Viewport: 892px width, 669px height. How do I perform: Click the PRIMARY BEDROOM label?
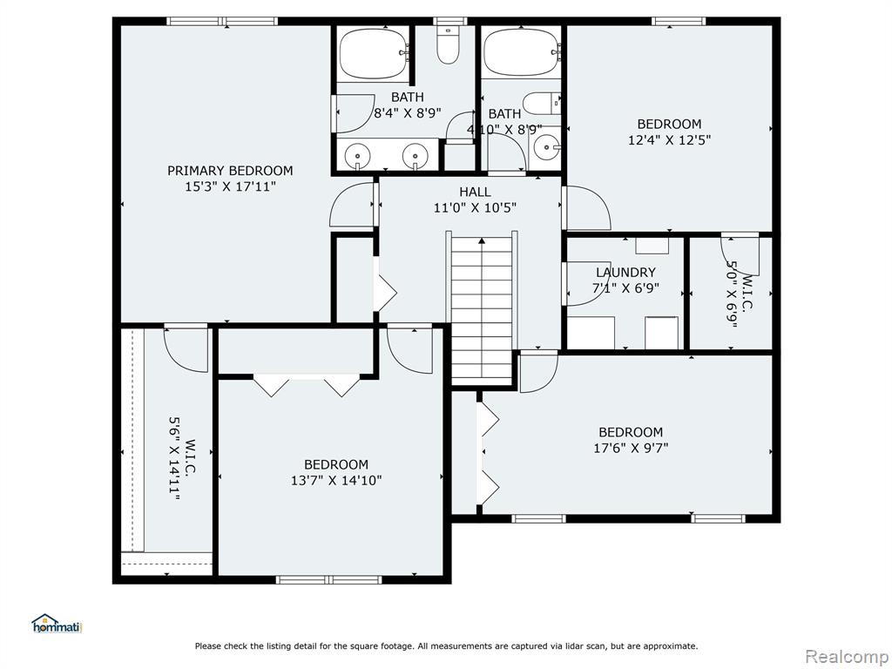click(230, 171)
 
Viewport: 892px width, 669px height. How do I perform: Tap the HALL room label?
click(475, 192)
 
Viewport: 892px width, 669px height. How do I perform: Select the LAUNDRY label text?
click(625, 273)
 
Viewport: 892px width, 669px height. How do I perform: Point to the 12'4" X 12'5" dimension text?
click(670, 140)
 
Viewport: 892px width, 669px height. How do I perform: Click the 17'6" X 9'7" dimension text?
click(631, 449)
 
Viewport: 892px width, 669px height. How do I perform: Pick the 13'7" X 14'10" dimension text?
click(336, 481)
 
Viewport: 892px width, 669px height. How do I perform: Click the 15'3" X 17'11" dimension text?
click(230, 186)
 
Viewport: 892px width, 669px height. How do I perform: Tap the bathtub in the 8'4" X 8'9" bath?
click(373, 52)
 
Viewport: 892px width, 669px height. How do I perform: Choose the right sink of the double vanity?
click(415, 155)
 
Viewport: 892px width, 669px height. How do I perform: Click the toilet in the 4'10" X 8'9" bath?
click(542, 104)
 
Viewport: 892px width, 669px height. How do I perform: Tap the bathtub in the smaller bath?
click(521, 52)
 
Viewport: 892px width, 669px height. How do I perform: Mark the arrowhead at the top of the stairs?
click(482, 240)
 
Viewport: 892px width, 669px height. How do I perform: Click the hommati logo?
click(57, 624)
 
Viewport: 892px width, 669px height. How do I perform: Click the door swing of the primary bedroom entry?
click(351, 205)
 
